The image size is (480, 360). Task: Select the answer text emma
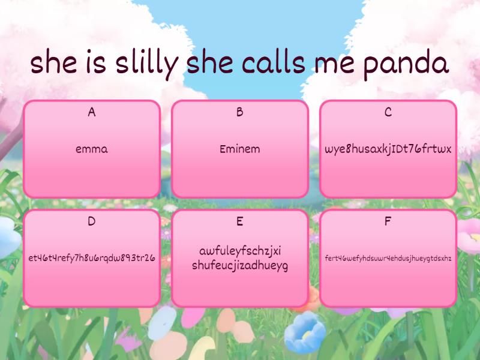(92, 149)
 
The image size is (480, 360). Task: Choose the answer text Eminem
(240, 149)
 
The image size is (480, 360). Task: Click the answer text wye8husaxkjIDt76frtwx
(388, 149)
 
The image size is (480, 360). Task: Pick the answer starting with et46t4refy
(92, 258)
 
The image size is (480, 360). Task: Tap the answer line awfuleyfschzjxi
(240, 251)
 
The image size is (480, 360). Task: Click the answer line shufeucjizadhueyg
(240, 265)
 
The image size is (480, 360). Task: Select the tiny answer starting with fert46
(388, 258)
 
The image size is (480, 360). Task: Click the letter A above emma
(92, 112)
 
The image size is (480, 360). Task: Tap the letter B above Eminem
(240, 112)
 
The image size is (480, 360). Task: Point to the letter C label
(388, 112)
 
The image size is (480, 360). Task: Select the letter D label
(92, 221)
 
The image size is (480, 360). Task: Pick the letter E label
(240, 221)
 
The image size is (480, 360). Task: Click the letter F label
(388, 221)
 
